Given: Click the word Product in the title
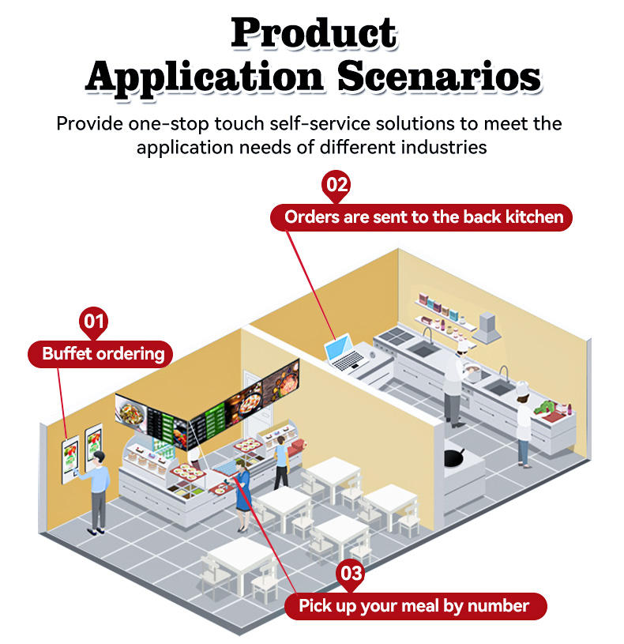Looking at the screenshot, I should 314,32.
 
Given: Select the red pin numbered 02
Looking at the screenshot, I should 336,186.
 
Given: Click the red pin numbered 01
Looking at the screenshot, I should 94,322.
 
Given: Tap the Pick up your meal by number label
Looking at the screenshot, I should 413,606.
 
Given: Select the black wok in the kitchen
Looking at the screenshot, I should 455,456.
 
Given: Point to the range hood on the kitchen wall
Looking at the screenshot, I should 487,326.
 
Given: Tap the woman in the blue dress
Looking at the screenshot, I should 242,496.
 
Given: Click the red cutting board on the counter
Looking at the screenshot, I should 563,411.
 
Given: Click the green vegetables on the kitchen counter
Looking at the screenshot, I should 545,409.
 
